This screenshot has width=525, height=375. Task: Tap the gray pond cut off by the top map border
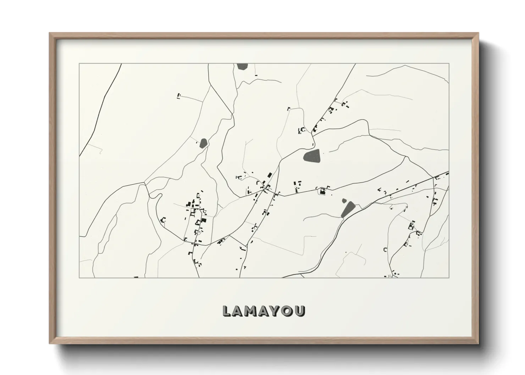(x=242, y=66)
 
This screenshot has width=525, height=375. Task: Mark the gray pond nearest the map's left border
(x=203, y=143)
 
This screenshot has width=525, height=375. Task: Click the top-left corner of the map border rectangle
(x=79, y=64)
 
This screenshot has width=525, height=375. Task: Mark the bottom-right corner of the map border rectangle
(x=449, y=278)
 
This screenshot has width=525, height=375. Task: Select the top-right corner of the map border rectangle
(x=449, y=64)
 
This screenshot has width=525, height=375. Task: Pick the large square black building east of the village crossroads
(x=322, y=192)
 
